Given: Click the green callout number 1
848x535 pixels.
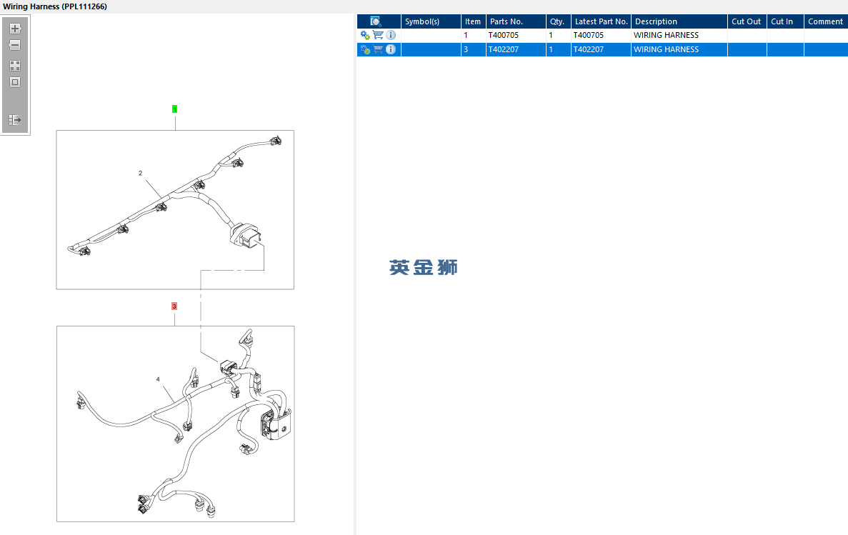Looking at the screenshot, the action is (x=175, y=109).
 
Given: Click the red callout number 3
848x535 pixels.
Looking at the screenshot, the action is (x=174, y=306).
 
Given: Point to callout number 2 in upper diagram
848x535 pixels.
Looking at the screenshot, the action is (x=140, y=173).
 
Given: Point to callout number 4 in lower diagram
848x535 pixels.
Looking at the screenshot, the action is (x=158, y=379).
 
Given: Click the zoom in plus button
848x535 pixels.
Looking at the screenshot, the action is (x=15, y=28).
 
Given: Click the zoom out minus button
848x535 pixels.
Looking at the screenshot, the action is (x=15, y=45).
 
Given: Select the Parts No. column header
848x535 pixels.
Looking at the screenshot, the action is (x=507, y=21).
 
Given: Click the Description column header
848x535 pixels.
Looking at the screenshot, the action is (x=656, y=21).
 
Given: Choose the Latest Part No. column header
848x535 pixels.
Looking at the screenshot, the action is (x=601, y=21).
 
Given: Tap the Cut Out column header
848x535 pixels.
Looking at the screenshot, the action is (x=747, y=21).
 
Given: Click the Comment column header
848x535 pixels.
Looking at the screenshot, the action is (x=825, y=21).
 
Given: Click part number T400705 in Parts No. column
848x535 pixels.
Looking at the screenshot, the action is (x=504, y=35).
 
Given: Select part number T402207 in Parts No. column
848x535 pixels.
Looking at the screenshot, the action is (x=504, y=49).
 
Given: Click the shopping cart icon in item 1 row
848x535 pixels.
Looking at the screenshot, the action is (x=378, y=35).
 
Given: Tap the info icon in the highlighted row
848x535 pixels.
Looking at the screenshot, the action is (x=391, y=49).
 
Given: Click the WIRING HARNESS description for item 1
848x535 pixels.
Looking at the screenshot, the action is (x=667, y=35).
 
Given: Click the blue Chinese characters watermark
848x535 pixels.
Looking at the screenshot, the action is (x=424, y=267).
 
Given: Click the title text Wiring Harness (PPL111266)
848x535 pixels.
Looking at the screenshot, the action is (x=55, y=6).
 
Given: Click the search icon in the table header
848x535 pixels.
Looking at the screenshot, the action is (x=375, y=21).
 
